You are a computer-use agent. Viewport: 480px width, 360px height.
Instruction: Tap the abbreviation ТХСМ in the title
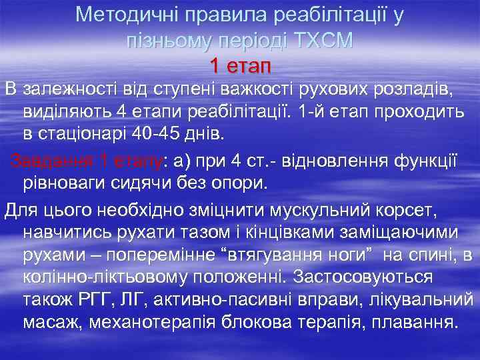(x=321, y=40)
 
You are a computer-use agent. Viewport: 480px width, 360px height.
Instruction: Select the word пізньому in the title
(x=168, y=40)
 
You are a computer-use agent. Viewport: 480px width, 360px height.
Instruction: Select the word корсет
(x=407, y=211)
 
